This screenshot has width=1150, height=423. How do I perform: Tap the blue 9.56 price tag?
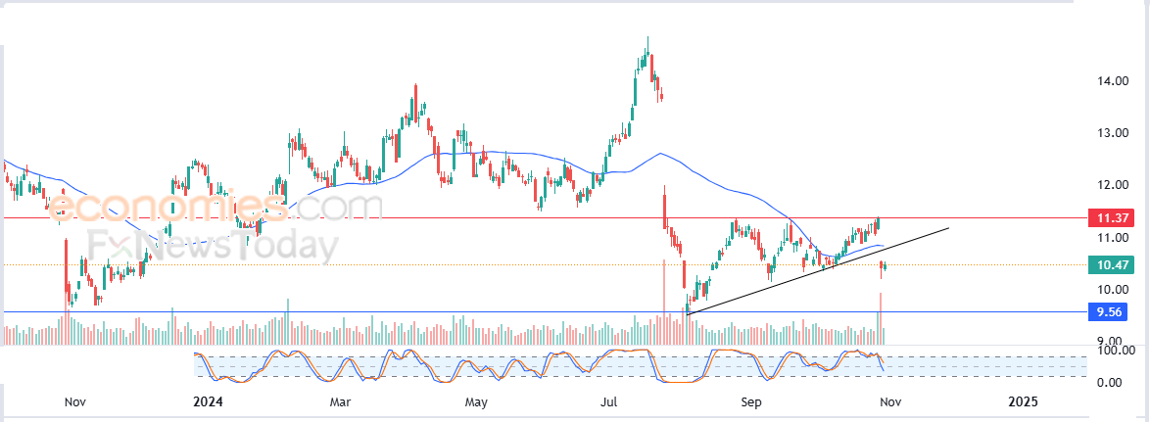(1110, 312)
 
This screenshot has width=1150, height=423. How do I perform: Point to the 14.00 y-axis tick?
(1114, 81)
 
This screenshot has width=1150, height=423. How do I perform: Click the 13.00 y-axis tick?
(1114, 133)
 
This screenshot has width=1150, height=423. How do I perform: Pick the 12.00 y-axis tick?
(1114, 185)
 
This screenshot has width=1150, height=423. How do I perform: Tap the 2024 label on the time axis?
(209, 401)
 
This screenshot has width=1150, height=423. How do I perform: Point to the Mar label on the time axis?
(340, 401)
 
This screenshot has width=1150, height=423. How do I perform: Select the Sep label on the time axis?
(750, 401)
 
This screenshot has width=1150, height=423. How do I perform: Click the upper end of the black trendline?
(948, 228)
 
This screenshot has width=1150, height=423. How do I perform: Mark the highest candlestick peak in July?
(647, 38)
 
